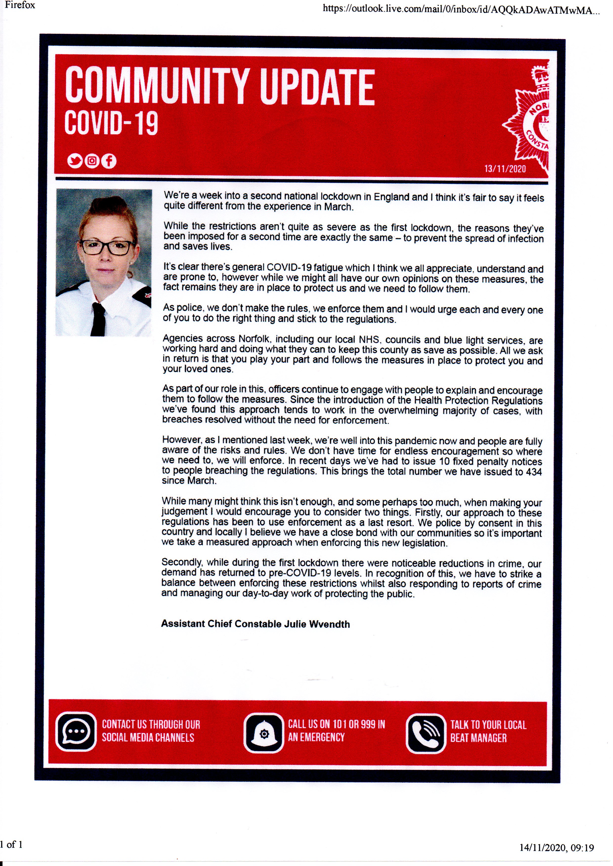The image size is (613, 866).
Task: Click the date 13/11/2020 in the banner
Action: pos(505,168)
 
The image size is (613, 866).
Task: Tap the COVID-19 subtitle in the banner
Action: pos(111,123)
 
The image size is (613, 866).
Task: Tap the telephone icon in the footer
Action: pos(425,733)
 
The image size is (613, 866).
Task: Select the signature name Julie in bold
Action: pos(295,623)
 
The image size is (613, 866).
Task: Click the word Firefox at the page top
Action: pos(20,5)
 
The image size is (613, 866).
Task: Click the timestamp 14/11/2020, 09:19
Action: pos(556,848)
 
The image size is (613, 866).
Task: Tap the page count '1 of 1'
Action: pos(11,844)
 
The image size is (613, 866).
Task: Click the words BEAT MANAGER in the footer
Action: pos(478,738)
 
